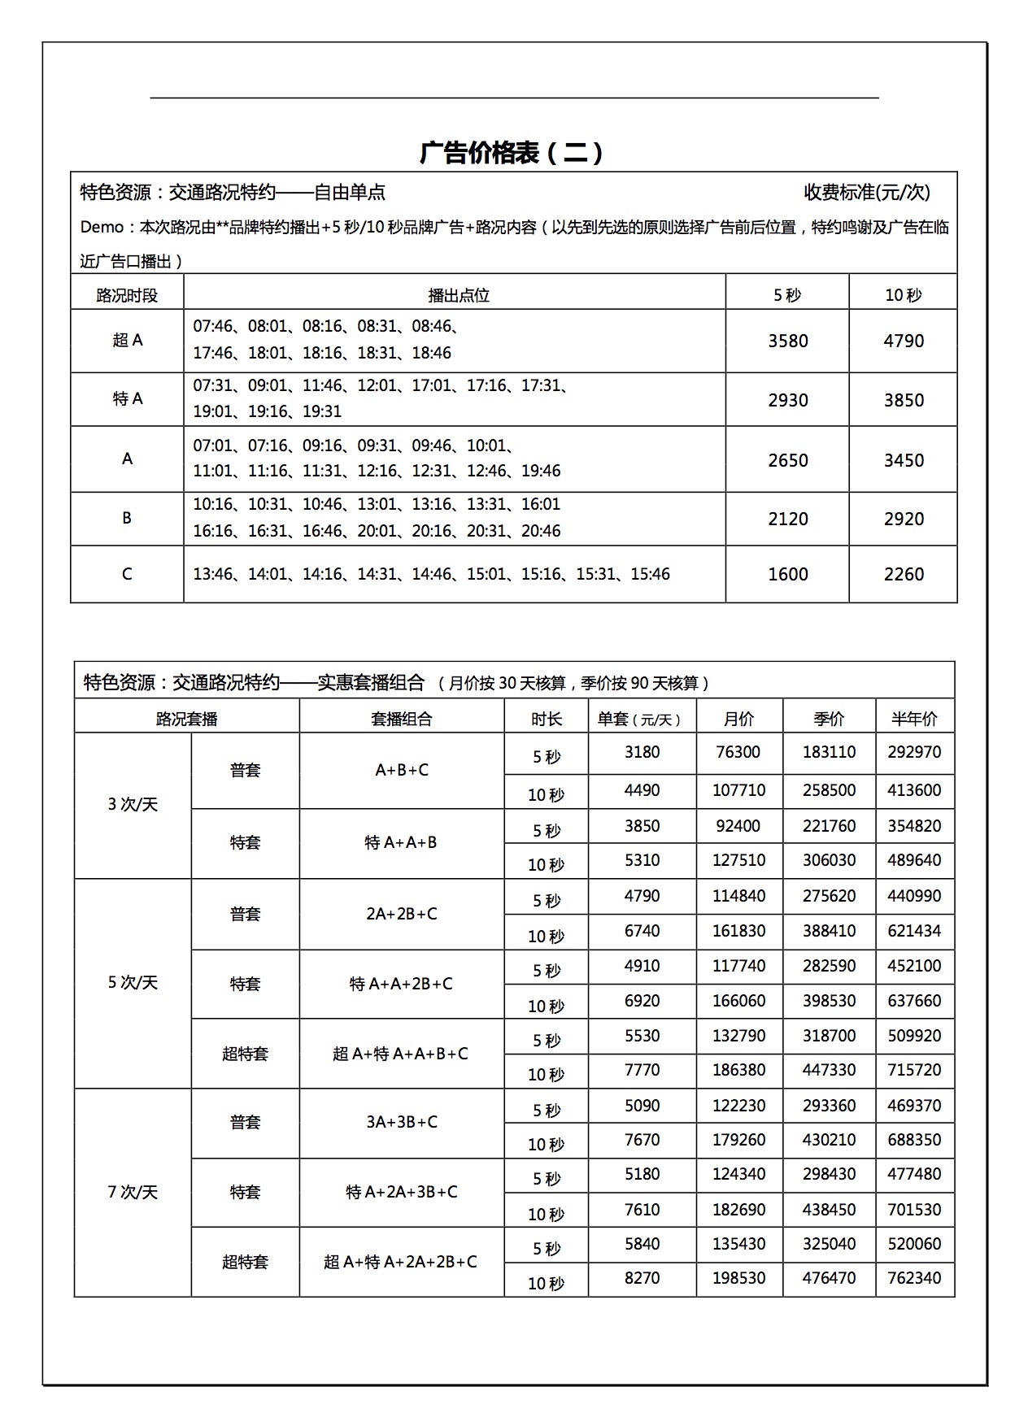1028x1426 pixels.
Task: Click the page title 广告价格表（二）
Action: click(512, 153)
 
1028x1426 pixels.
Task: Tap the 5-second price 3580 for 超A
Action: click(787, 341)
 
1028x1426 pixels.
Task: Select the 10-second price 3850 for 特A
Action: click(904, 400)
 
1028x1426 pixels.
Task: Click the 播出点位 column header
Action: click(459, 295)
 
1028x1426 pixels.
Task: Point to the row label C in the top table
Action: click(127, 574)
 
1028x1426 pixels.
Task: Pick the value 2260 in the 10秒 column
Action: click(904, 574)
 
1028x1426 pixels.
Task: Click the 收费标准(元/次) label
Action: click(866, 192)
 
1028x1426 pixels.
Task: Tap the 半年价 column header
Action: click(914, 719)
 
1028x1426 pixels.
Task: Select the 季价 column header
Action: click(829, 719)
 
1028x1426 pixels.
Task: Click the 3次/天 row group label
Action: click(133, 805)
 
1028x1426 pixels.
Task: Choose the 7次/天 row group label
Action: click(133, 1192)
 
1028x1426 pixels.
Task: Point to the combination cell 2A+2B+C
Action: click(402, 914)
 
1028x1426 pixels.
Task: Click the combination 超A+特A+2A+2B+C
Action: click(400, 1262)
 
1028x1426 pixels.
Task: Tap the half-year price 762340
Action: click(914, 1278)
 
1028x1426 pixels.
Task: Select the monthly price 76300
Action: click(738, 752)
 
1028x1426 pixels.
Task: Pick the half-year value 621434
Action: click(914, 931)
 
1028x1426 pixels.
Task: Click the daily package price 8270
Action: click(642, 1278)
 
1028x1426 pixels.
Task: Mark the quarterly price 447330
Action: click(829, 1070)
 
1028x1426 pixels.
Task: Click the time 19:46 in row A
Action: click(541, 471)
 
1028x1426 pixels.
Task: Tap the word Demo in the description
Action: click(101, 228)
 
